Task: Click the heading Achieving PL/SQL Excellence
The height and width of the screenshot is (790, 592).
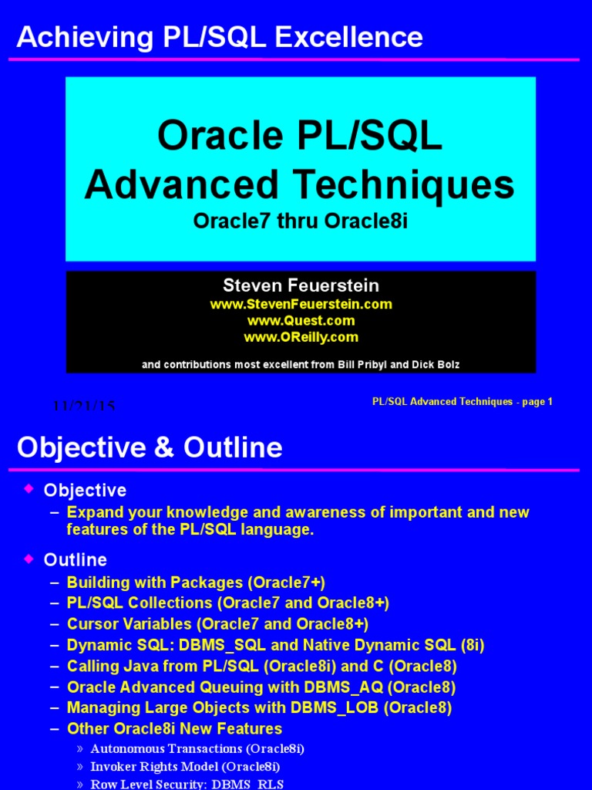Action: [x=220, y=37]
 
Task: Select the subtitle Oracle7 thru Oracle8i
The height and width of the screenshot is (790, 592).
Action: [x=300, y=221]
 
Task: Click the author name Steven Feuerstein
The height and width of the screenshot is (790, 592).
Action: [x=301, y=286]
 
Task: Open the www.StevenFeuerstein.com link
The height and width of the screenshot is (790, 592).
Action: [x=301, y=304]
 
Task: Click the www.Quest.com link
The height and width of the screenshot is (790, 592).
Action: [x=301, y=320]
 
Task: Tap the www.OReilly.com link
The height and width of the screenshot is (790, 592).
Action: [x=301, y=337]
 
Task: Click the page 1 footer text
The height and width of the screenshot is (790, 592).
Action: [x=532, y=401]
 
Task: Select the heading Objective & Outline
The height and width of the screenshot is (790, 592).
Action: [x=150, y=447]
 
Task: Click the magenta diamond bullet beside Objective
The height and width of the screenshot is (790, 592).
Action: [x=29, y=488]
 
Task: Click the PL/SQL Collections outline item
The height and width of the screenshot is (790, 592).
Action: [x=228, y=603]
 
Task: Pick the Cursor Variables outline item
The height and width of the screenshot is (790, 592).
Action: [x=217, y=624]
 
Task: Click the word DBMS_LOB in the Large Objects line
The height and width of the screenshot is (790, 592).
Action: [x=339, y=707]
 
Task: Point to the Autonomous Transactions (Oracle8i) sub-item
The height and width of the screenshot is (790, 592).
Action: [x=197, y=748]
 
